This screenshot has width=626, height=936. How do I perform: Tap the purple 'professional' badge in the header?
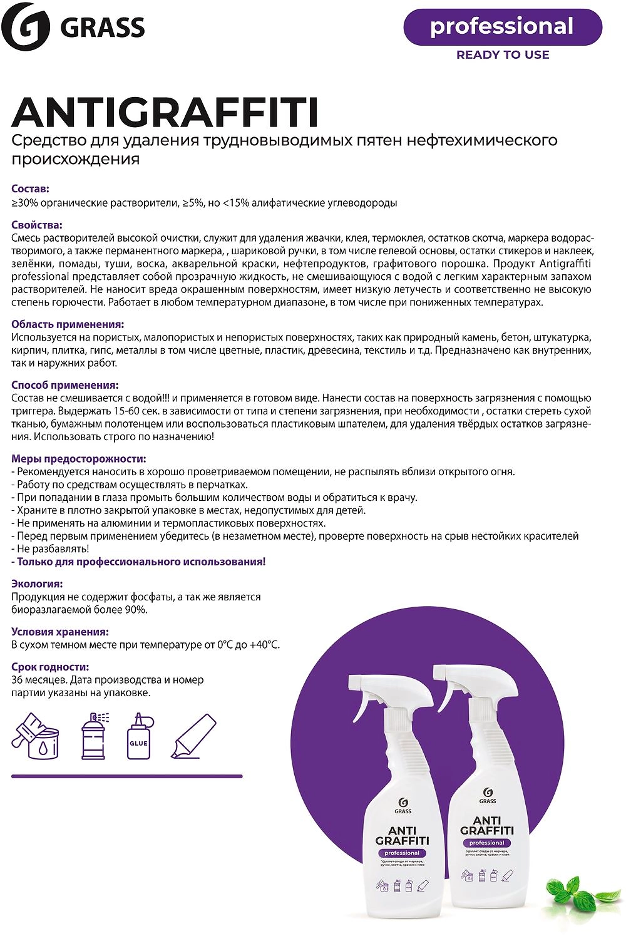pyautogui.click(x=502, y=27)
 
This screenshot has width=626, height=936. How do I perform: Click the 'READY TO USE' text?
pyautogui.click(x=503, y=55)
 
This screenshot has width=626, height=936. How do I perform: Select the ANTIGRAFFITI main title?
pyautogui.click(x=165, y=112)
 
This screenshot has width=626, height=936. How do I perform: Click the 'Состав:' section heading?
pyautogui.click(x=31, y=188)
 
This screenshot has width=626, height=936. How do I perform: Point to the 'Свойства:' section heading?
pyautogui.click(x=37, y=225)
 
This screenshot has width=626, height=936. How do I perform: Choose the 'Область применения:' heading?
pyautogui.click(x=68, y=324)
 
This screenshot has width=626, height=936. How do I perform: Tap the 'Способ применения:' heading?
pyautogui.click(x=65, y=385)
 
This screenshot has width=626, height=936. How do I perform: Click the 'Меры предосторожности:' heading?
pyautogui.click(x=79, y=459)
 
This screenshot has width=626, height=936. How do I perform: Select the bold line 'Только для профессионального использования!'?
pyautogui.click(x=141, y=562)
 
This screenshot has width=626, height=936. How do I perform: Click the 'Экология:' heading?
pyautogui.click(x=37, y=584)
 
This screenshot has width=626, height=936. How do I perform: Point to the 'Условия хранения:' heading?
pyautogui.click(x=60, y=632)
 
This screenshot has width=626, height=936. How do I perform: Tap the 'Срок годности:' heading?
pyautogui.click(x=50, y=667)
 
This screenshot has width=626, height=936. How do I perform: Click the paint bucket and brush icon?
pyautogui.click(x=36, y=736)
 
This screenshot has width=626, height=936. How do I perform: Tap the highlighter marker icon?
pyautogui.click(x=193, y=736)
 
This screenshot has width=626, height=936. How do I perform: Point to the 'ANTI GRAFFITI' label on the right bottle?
pyautogui.click(x=486, y=825)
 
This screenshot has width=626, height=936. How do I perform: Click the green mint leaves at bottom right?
pyautogui.click(x=570, y=894)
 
